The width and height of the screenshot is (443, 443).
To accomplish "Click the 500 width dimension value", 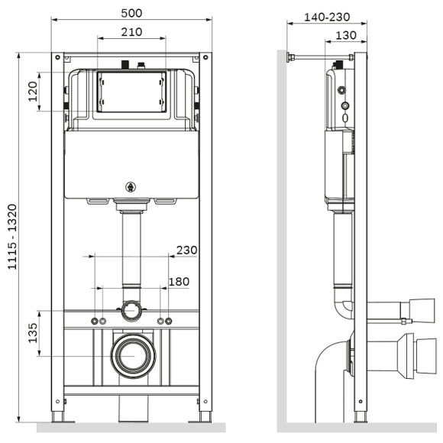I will coord(132,13).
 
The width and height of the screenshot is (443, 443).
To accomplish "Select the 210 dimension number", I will coord(132,31).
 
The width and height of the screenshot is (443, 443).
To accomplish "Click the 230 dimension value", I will coord(186,250).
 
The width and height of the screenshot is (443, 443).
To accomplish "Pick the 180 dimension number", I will coord(178,282).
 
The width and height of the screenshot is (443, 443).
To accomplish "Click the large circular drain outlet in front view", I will coord(132,356).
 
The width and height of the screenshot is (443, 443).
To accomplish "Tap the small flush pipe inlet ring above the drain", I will coord(132,311).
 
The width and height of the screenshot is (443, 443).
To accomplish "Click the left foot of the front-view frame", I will coord(58,416).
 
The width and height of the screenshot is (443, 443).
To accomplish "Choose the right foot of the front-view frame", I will coord(205,416).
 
